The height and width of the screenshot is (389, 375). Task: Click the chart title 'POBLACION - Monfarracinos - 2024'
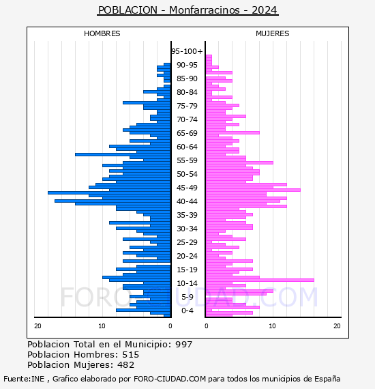[x=187, y=10]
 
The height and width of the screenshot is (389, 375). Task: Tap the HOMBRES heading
[x=102, y=33]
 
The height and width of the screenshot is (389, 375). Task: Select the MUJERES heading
[x=273, y=33]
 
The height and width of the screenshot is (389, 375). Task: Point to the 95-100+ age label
[x=187, y=51]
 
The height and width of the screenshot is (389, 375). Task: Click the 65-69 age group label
[x=187, y=133]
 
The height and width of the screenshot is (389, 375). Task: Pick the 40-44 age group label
[x=187, y=201]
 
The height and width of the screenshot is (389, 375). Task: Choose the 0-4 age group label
[x=187, y=311]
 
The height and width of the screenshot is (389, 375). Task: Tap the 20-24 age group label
[x=187, y=256]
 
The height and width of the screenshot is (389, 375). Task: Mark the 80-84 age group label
[x=187, y=92]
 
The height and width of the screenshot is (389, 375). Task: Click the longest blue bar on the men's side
[x=109, y=192]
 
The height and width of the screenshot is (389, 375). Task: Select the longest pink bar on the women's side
[x=260, y=280]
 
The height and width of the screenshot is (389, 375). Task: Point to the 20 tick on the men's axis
[x=37, y=326]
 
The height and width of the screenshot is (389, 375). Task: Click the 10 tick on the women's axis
[x=272, y=326]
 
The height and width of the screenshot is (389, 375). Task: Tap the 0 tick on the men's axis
[x=170, y=326]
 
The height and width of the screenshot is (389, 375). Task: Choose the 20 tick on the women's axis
[x=337, y=326]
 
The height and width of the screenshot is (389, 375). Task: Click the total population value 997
[x=183, y=345]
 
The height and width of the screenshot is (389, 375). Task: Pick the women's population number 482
[x=126, y=365]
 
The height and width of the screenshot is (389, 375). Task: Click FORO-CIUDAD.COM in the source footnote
[x=170, y=379]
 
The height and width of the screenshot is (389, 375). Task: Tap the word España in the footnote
[x=327, y=379]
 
